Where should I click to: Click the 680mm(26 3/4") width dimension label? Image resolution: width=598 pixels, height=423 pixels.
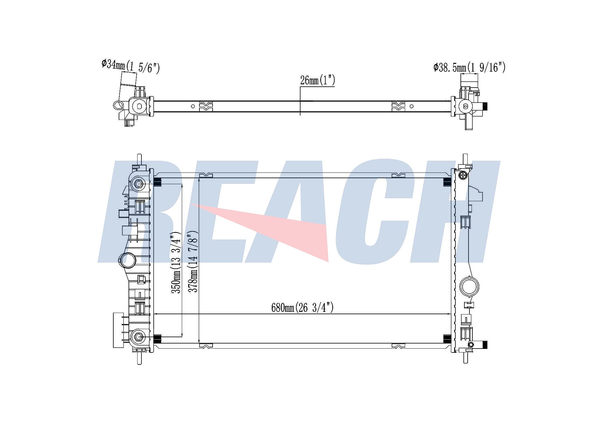302,307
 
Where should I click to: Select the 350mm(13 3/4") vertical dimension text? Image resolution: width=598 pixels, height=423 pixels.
176,262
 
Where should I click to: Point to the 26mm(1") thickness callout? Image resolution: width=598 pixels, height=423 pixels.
318,80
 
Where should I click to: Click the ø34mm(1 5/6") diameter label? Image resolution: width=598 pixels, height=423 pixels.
131,66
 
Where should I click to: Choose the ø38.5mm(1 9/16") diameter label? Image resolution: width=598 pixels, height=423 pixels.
469,68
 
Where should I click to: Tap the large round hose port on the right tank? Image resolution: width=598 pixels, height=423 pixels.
469,286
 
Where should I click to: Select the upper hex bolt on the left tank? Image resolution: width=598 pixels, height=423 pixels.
138,184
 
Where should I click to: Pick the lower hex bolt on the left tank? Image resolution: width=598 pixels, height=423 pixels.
138,337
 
